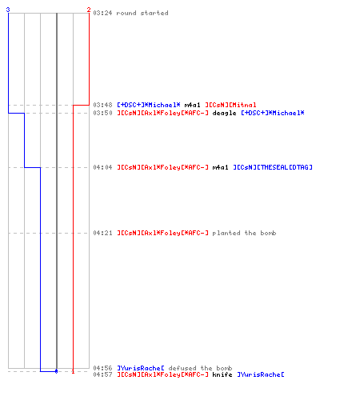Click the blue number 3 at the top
(8, 10)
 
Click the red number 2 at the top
(89, 10)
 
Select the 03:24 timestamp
(102, 13)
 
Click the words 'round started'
(142, 13)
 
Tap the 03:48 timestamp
(102, 105)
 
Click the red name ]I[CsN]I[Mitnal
(230, 105)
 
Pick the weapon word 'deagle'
(224, 113)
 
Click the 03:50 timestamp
(102, 113)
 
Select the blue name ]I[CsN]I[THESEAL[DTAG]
(273, 167)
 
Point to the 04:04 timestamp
(102, 167)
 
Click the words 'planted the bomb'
(244, 233)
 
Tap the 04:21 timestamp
(102, 233)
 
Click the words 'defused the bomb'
(200, 368)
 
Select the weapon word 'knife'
(222, 374)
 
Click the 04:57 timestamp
(102, 374)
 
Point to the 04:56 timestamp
(102, 368)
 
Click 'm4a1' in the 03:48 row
(192, 105)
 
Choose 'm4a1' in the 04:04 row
(220, 167)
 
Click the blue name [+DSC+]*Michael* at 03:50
(273, 113)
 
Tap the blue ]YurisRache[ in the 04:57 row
(261, 374)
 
